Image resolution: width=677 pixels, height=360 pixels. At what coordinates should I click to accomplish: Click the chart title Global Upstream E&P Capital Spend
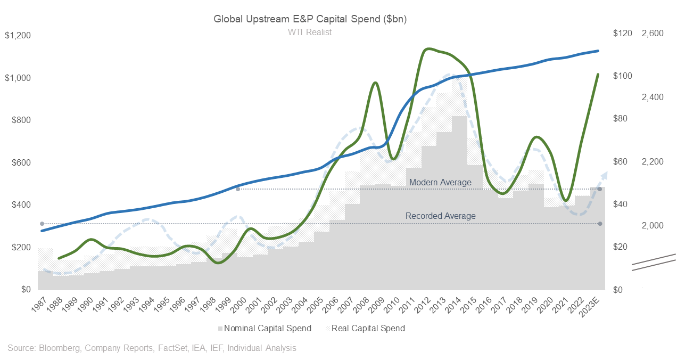coord(310,19)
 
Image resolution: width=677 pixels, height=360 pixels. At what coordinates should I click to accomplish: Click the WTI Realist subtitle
coord(310,32)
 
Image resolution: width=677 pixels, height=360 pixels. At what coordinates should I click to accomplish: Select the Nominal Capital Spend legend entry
coord(265,328)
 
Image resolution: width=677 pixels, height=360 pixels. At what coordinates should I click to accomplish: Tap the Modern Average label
coord(440,183)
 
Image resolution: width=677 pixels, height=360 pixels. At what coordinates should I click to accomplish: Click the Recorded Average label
coord(440,216)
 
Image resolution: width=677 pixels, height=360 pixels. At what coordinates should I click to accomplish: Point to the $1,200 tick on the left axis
coord(18,36)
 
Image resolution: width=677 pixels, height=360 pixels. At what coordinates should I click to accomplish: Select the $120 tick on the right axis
coord(608,34)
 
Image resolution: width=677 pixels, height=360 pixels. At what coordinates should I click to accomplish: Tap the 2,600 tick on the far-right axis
coord(653,34)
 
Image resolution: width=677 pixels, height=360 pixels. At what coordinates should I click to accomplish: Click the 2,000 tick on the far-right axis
coord(653,226)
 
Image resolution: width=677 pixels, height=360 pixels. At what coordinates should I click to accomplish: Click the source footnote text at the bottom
coord(152,348)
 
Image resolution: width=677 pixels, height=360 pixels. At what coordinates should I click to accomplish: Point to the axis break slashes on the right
coord(654,262)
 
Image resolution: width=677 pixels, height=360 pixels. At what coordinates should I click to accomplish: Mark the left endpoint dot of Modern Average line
coord(238,189)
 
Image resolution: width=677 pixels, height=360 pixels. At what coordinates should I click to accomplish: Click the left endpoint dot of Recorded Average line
coord(42,224)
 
